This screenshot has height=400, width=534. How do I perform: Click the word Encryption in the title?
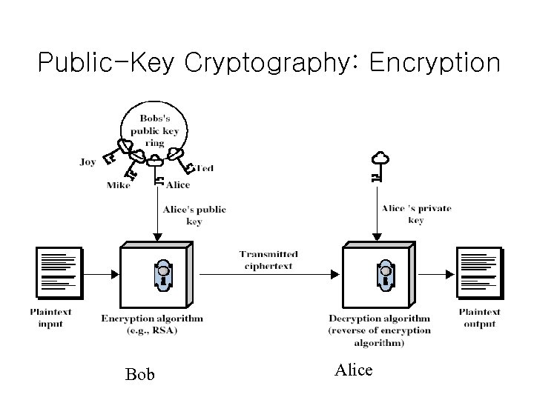click(x=434, y=62)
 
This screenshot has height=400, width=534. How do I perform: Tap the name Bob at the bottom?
click(x=140, y=374)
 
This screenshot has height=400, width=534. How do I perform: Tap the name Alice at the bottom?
click(x=353, y=370)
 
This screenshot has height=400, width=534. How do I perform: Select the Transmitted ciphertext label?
click(x=266, y=260)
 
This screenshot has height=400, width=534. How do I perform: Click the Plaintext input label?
click(x=51, y=318)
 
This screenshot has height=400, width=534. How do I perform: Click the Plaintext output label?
click(x=479, y=318)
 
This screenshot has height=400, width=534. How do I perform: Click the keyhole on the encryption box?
click(x=164, y=275)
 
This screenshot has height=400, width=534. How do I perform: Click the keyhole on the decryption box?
click(x=385, y=275)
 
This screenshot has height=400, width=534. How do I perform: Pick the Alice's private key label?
click(x=416, y=214)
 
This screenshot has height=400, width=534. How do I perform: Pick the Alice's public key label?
click(x=194, y=216)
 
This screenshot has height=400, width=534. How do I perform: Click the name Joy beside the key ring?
click(x=88, y=161)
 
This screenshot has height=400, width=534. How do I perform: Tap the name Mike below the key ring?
click(x=119, y=185)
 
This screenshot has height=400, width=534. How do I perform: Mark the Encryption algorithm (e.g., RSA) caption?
click(x=151, y=324)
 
